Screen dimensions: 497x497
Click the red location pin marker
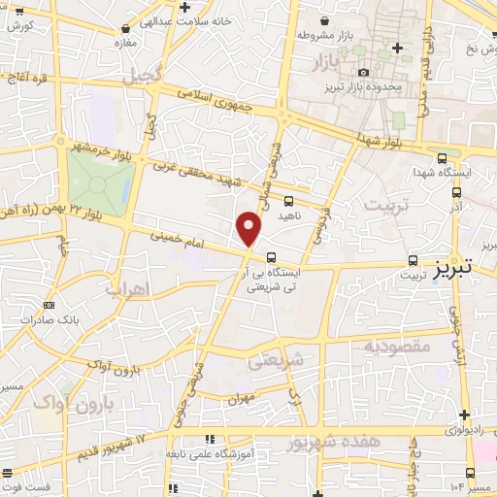[250, 229]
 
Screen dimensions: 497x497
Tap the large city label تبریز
[457, 265]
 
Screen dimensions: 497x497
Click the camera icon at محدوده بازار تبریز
[364, 73]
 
